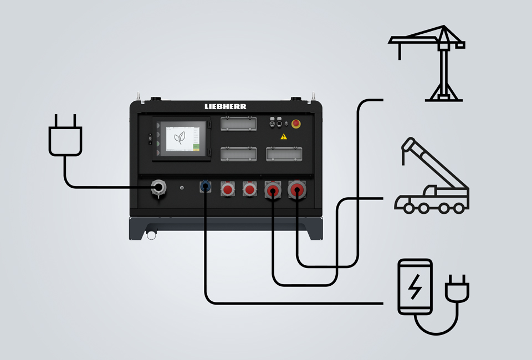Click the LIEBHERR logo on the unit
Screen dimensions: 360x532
tap(225, 106)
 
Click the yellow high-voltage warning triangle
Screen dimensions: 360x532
tap(284, 136)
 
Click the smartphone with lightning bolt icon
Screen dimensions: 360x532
tap(415, 287)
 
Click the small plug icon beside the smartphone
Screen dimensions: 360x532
tap(458, 288)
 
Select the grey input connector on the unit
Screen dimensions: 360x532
tap(158, 188)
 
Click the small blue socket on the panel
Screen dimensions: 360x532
tap(206, 188)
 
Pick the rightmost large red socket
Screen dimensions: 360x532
tap(297, 191)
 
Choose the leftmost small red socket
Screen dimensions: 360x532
tap(227, 190)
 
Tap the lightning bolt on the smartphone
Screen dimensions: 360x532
tap(414, 287)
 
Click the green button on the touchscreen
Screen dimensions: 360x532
tap(196, 147)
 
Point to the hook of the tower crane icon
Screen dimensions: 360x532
tap(400, 56)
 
